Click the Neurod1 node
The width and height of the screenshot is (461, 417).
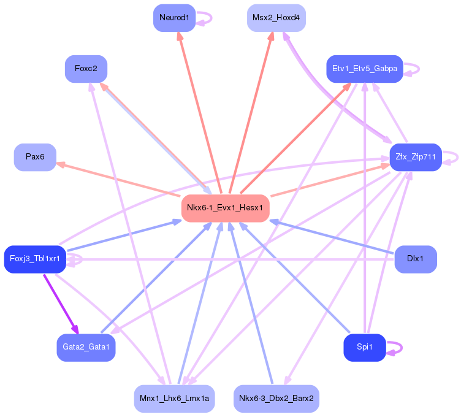pyautogui.click(x=174, y=18)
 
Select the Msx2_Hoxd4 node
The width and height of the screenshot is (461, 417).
pyautogui.click(x=276, y=18)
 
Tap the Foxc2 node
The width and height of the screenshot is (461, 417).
pyautogui.click(x=86, y=69)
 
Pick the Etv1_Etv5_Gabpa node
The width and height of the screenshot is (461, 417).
pyautogui.click(x=365, y=69)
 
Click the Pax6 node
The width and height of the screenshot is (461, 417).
pyautogui.click(x=36, y=157)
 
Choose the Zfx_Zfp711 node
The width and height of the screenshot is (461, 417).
pyautogui.click(x=416, y=157)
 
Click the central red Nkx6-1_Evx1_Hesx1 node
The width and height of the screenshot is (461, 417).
pyautogui.click(x=226, y=208)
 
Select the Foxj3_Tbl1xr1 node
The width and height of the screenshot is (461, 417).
pyautogui.click(x=36, y=259)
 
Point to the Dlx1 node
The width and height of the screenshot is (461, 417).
pyautogui.click(x=416, y=259)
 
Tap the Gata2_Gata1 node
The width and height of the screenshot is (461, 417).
pyautogui.click(x=86, y=348)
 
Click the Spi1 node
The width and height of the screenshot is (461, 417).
pyautogui.click(x=365, y=348)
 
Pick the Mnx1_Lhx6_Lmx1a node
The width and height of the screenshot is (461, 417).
pyautogui.click(x=174, y=399)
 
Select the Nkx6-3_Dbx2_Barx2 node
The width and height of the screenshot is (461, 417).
pyautogui.click(x=276, y=399)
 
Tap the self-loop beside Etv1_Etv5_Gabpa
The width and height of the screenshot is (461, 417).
pyautogui.click(x=419, y=69)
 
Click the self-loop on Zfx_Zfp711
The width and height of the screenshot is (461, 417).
pyautogui.click(x=457, y=158)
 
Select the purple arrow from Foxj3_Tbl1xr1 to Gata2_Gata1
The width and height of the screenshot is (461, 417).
pyautogui.click(x=61, y=304)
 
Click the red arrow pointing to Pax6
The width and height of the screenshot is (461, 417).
pyautogui.click(x=118, y=180)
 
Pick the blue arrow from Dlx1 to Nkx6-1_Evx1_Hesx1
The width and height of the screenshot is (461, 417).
pyautogui.click(x=332, y=237)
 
